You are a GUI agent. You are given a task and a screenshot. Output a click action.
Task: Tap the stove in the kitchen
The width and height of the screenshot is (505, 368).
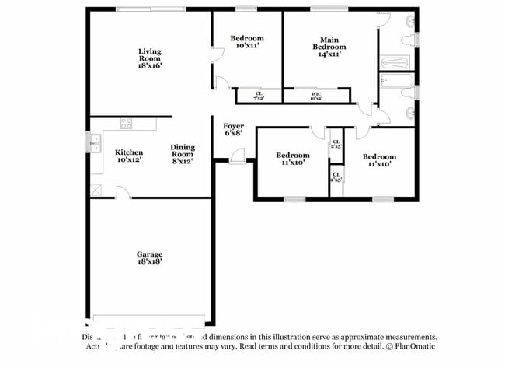(126, 123)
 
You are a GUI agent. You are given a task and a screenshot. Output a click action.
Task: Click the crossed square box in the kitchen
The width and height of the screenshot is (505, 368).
(96, 189)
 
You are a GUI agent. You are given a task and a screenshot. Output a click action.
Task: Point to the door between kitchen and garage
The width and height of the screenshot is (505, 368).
(122, 193)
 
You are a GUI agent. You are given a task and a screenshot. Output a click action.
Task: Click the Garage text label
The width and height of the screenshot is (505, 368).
(150, 254)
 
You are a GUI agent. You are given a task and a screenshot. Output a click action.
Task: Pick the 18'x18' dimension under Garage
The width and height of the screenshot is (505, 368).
(150, 263)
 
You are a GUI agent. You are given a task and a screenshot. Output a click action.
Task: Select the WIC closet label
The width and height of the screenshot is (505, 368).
(315, 93)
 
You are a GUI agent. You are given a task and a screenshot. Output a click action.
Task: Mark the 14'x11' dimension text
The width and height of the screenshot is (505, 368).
(329, 54)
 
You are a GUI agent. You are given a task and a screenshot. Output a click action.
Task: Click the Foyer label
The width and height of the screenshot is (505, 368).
(233, 126)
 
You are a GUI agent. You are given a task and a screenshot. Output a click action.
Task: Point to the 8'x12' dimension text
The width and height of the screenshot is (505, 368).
(183, 161)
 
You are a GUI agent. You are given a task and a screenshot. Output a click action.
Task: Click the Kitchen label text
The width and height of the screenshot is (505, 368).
(129, 152)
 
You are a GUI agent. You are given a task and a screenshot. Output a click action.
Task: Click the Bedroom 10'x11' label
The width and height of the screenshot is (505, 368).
(247, 42)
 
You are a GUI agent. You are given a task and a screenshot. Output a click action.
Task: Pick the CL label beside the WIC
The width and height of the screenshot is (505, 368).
(259, 93)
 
